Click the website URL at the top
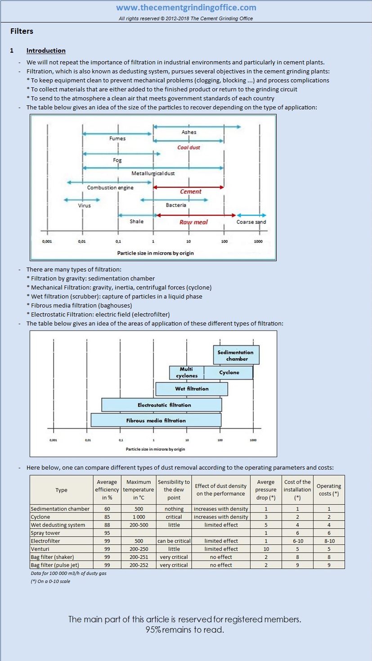coord(186,7)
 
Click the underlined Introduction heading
coord(46,50)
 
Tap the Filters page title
coord(22,31)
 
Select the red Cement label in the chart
coord(191,191)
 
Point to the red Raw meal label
coord(194,222)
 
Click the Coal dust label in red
coord(188,147)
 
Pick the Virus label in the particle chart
coord(84,205)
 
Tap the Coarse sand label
coord(251,222)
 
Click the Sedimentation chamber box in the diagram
coord(237,355)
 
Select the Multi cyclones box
coord(187,372)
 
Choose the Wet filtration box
coord(192,389)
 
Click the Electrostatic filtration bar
coord(162,405)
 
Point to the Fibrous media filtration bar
coord(156,420)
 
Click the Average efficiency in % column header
coord(107,489)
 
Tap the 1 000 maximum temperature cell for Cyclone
coord(139,517)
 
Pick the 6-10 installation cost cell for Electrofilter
coord(297,541)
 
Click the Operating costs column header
coord(329,489)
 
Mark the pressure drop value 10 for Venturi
coord(266,549)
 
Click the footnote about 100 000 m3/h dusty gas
coord(69,573)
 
